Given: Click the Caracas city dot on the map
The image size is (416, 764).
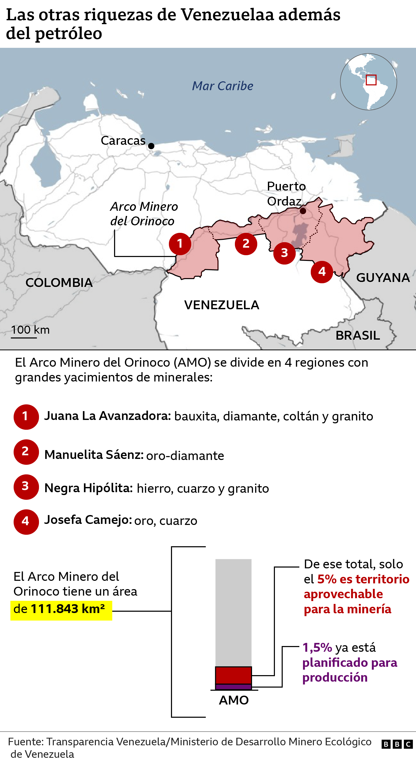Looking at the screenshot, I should pyautogui.click(x=151, y=146).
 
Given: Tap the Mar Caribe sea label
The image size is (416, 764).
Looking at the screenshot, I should pyautogui.click(x=222, y=86).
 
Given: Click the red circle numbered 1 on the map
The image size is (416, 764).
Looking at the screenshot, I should pyautogui.click(x=180, y=244).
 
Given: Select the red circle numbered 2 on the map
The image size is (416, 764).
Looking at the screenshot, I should pyautogui.click(x=246, y=244).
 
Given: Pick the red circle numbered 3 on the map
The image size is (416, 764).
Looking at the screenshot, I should pyautogui.click(x=284, y=253).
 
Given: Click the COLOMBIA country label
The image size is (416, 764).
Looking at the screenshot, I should pyautogui.click(x=59, y=283).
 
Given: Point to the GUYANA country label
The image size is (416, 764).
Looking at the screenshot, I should pyautogui.click(x=383, y=278).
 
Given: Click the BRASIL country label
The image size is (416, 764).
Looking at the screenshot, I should pyautogui.click(x=358, y=335).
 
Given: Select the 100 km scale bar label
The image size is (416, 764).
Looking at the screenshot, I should pyautogui.click(x=30, y=330).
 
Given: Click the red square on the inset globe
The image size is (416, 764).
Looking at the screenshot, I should pyautogui.click(x=371, y=80).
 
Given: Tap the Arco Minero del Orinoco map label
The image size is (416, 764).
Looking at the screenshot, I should pyautogui.click(x=144, y=214).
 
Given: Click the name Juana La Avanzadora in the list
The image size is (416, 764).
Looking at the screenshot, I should pyautogui.click(x=107, y=416).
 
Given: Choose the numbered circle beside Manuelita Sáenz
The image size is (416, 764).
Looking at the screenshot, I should pyautogui.click(x=26, y=452).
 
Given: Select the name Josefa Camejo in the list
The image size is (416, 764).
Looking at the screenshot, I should pyautogui.click(x=88, y=520).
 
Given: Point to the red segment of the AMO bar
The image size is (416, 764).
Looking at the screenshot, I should pyautogui.click(x=233, y=675).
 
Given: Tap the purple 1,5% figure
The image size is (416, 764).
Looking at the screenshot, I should pyautogui.click(x=317, y=647).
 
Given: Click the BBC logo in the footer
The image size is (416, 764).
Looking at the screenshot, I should pyautogui.click(x=397, y=744).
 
